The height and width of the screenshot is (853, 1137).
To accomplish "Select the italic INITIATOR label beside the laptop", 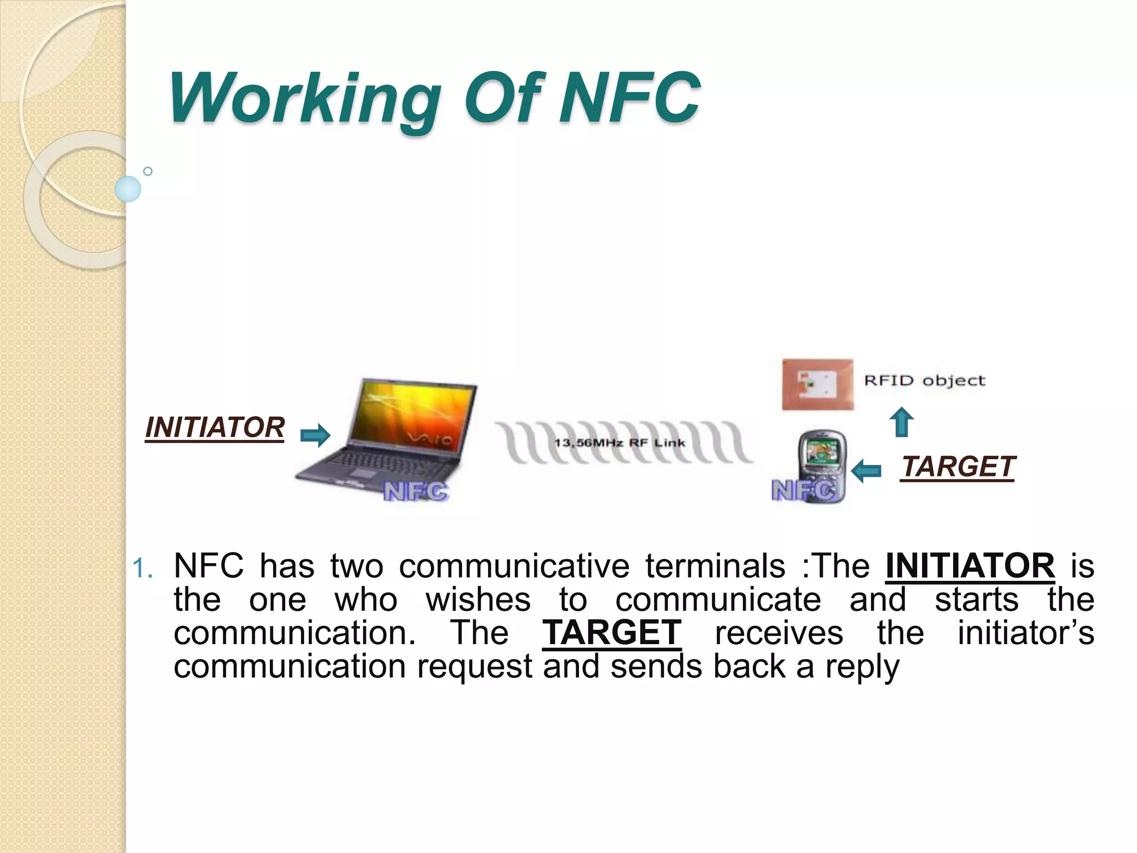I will [x=215, y=428].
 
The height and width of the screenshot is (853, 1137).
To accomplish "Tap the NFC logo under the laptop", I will [x=415, y=492].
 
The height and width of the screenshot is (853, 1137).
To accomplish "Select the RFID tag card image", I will [x=817, y=384].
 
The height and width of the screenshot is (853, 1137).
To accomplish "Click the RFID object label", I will [x=924, y=381].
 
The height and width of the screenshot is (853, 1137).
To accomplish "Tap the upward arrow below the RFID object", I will [x=902, y=423].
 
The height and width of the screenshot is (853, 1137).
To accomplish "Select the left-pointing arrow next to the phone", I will [x=866, y=471].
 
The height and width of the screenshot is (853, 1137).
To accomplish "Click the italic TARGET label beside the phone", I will [x=958, y=466].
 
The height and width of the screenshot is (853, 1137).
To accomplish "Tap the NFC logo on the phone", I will [x=803, y=491].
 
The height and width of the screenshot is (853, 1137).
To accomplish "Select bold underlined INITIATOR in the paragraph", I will [x=970, y=566].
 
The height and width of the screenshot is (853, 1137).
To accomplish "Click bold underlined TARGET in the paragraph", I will [x=612, y=633].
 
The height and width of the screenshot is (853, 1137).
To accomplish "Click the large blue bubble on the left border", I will [x=128, y=189].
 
